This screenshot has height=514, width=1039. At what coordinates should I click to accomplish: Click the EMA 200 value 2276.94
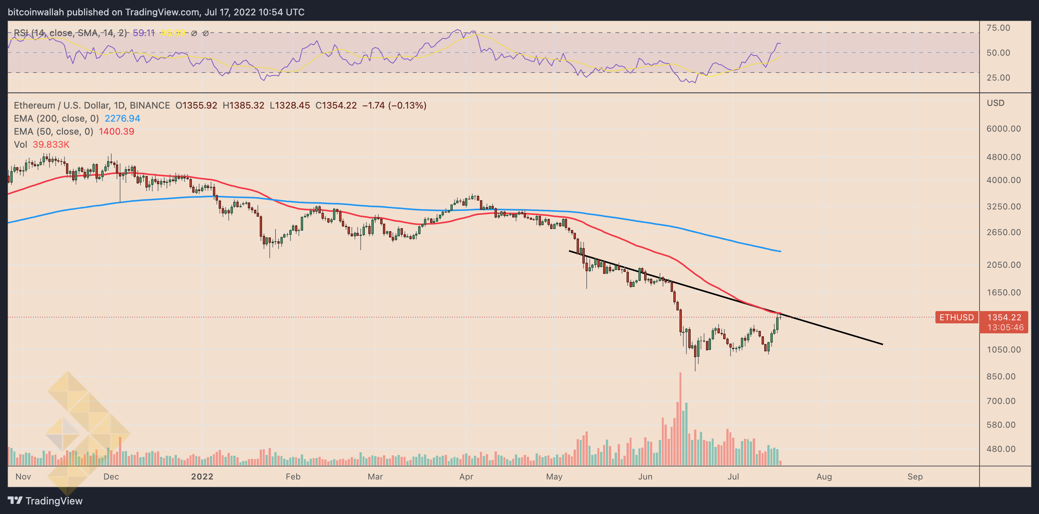[122, 119]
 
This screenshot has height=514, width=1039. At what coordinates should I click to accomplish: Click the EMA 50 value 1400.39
[116, 132]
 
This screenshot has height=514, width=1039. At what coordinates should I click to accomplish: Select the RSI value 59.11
[143, 33]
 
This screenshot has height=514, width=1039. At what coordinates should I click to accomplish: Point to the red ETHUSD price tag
[956, 317]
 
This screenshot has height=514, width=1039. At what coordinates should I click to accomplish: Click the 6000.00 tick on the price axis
[1003, 129]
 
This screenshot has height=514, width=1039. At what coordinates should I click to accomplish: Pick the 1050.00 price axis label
[1003, 349]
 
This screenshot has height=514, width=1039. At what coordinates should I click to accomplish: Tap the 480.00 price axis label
[1003, 449]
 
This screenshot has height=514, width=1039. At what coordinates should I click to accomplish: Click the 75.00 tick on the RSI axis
[998, 28]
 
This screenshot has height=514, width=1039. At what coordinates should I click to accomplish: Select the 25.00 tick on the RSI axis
[998, 77]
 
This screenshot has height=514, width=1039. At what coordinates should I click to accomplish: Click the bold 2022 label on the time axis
[202, 476]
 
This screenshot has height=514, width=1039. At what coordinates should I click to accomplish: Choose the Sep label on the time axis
[915, 476]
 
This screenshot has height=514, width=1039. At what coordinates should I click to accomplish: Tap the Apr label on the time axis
[466, 476]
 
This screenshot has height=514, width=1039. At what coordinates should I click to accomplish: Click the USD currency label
[995, 103]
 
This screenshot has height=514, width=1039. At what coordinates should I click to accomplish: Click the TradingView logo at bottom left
[45, 501]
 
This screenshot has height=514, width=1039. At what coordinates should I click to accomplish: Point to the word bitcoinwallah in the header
[36, 12]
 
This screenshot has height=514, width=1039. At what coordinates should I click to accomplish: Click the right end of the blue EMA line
[780, 252]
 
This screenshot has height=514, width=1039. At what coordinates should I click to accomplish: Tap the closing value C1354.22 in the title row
[336, 105]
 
